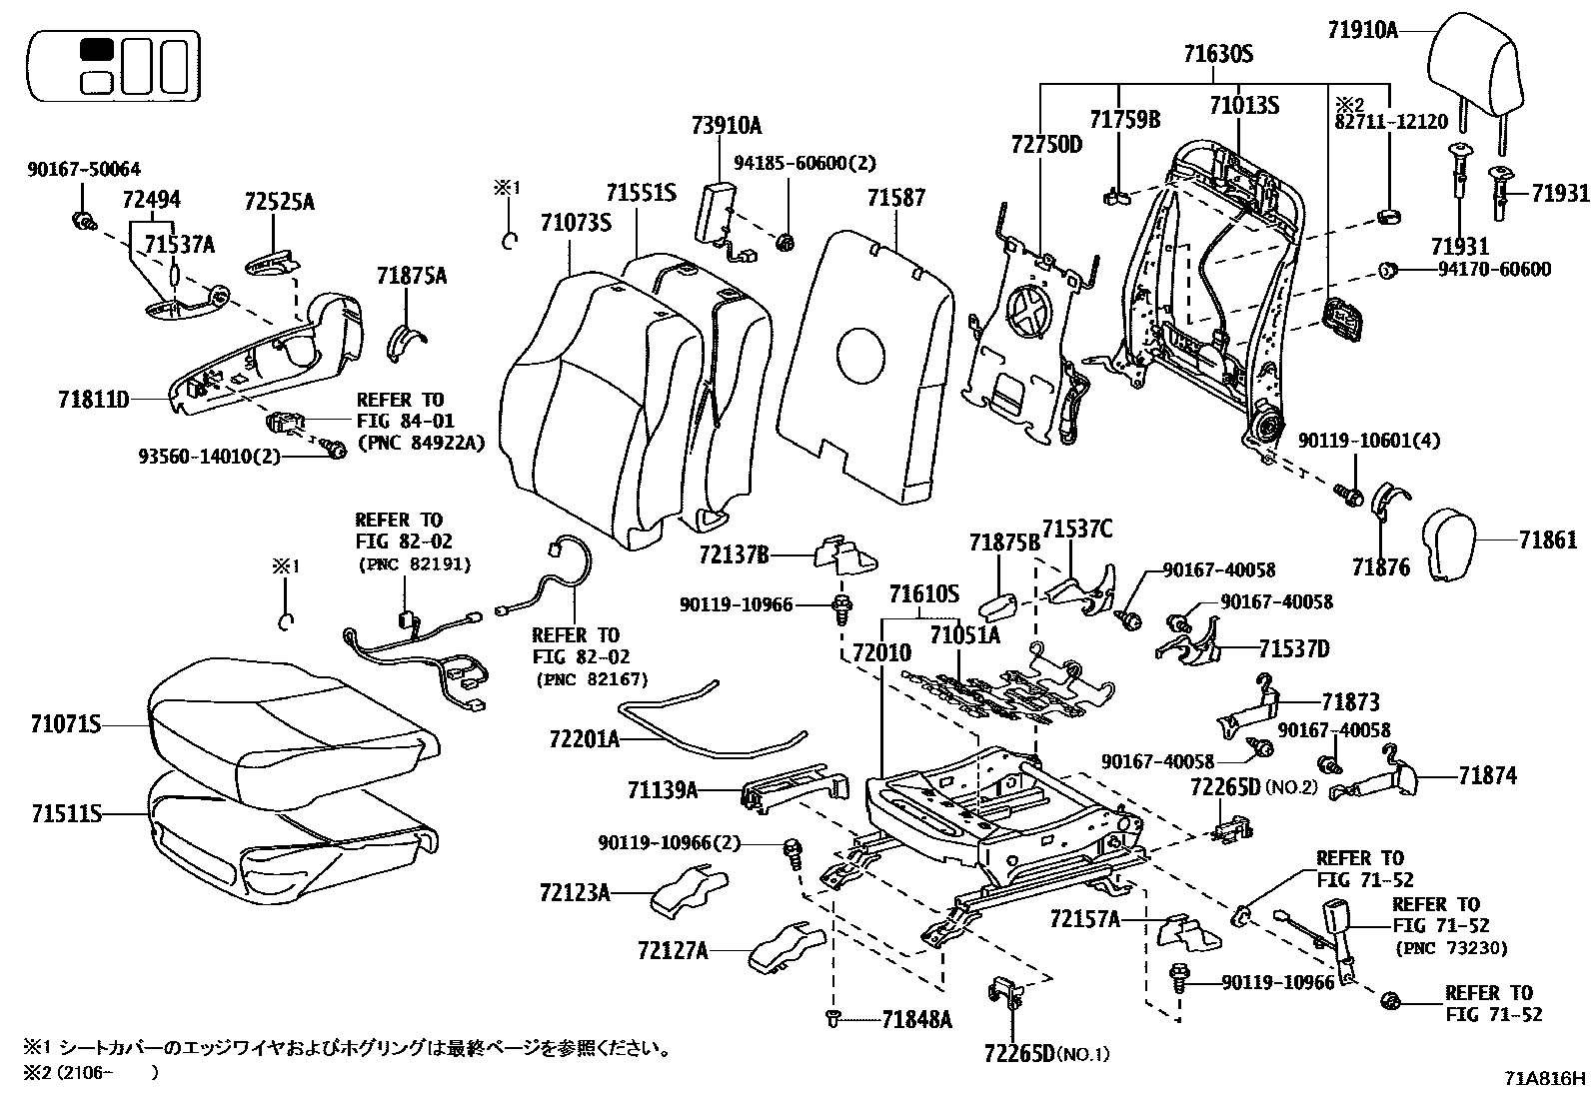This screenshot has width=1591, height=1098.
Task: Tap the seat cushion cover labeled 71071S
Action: point(290,721)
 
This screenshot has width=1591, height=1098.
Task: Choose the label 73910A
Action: point(726,125)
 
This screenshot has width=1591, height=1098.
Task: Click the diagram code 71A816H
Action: point(1545,1079)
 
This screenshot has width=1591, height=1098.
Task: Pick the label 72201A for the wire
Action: point(585,739)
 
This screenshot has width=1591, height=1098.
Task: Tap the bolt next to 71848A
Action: point(831,1017)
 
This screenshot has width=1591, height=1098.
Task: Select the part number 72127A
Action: point(672,950)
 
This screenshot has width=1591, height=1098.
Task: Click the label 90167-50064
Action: point(83,169)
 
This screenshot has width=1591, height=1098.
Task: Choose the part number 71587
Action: point(896,198)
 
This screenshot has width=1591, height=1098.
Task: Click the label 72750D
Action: point(1044,144)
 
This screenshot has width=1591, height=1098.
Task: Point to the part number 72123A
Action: point(574,891)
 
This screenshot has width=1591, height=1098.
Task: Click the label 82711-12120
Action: point(1389,122)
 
